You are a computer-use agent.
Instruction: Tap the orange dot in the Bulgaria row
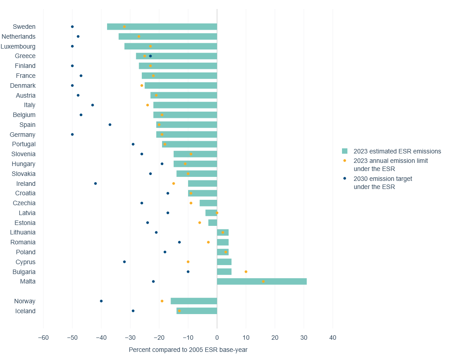(246, 272)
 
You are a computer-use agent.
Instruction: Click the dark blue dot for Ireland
(95, 184)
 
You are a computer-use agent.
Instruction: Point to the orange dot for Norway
(162, 301)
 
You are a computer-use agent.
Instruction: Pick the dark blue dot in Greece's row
(150, 56)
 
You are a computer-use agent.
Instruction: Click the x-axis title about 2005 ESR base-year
(188, 350)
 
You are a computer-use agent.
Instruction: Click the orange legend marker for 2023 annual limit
(345, 161)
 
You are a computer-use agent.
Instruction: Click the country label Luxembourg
(18, 46)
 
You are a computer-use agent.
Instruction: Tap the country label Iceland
(25, 311)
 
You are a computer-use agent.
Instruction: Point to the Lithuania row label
(22, 233)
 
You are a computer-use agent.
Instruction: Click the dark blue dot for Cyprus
(124, 262)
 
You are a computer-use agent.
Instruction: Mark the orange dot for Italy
(148, 105)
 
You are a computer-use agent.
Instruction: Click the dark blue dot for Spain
(110, 125)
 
